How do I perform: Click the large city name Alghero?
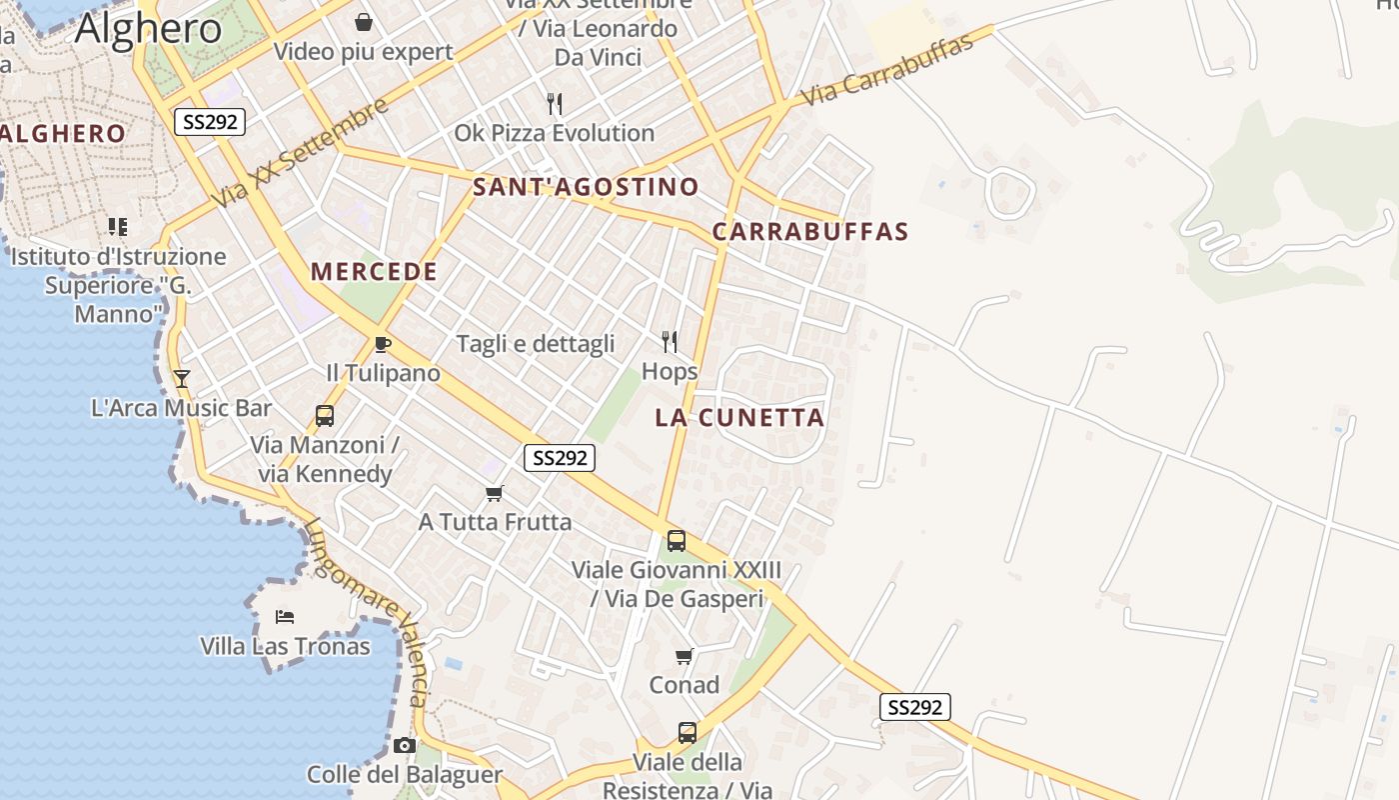pyautogui.click(x=148, y=28)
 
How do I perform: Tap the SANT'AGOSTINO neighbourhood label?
pyautogui.click(x=586, y=187)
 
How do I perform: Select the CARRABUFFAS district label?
pyautogui.click(x=810, y=232)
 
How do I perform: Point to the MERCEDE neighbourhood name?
pyautogui.click(x=374, y=271)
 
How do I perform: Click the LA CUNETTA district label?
pyautogui.click(x=740, y=418)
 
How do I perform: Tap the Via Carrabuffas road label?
pyautogui.click(x=887, y=69)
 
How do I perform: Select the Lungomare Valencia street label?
pyautogui.click(x=369, y=610)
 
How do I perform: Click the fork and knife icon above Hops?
pyautogui.click(x=670, y=342)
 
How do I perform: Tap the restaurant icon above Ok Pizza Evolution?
pyautogui.click(x=555, y=103)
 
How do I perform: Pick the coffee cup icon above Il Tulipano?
pyautogui.click(x=382, y=345)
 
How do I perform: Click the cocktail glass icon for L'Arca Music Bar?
pyautogui.click(x=181, y=378)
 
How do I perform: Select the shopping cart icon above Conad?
pyautogui.click(x=685, y=656)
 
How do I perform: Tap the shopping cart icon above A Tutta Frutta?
pyautogui.click(x=494, y=493)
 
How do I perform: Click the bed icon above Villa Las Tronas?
pyautogui.click(x=285, y=616)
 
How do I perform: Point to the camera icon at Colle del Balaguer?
pyautogui.click(x=405, y=745)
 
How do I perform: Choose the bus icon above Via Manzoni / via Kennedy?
pyautogui.click(x=325, y=416)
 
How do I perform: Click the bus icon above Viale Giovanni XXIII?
pyautogui.click(x=677, y=541)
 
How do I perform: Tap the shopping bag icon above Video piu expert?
pyautogui.click(x=364, y=22)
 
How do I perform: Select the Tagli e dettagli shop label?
pyautogui.click(x=536, y=344)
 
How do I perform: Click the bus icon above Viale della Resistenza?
pyautogui.click(x=688, y=732)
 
